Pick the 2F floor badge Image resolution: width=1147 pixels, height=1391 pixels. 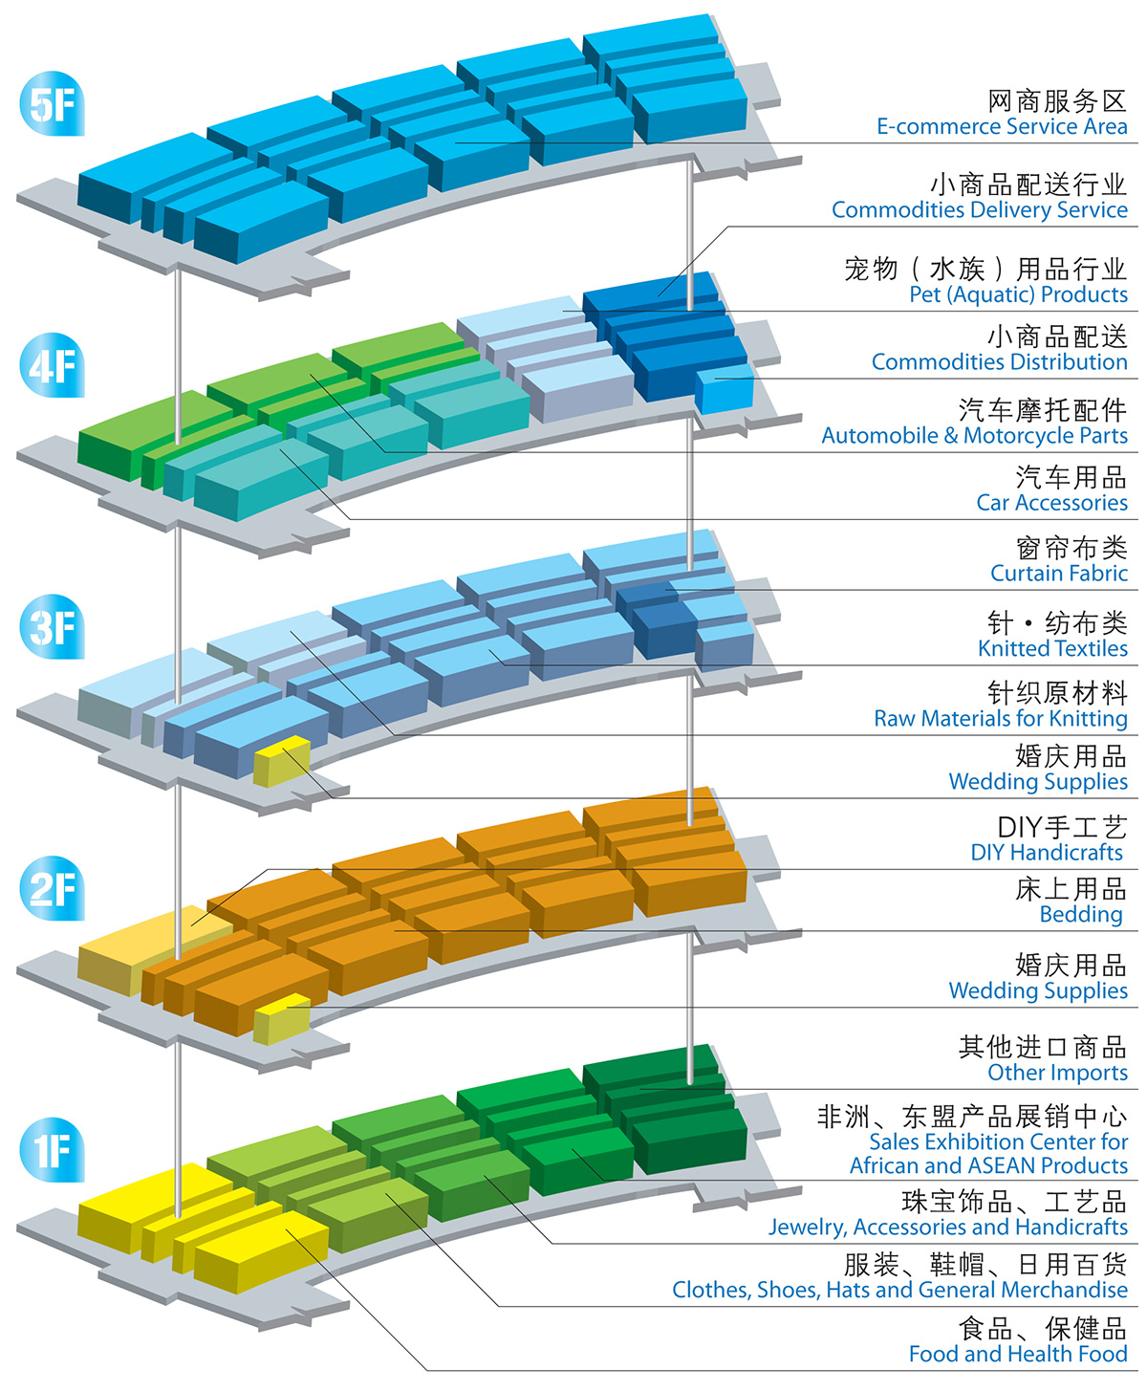coord(52,888)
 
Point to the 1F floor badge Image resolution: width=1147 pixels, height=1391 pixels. coord(52,1149)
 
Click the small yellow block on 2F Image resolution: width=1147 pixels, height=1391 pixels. coord(282,1018)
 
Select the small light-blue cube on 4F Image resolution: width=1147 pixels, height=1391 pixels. coord(724,389)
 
